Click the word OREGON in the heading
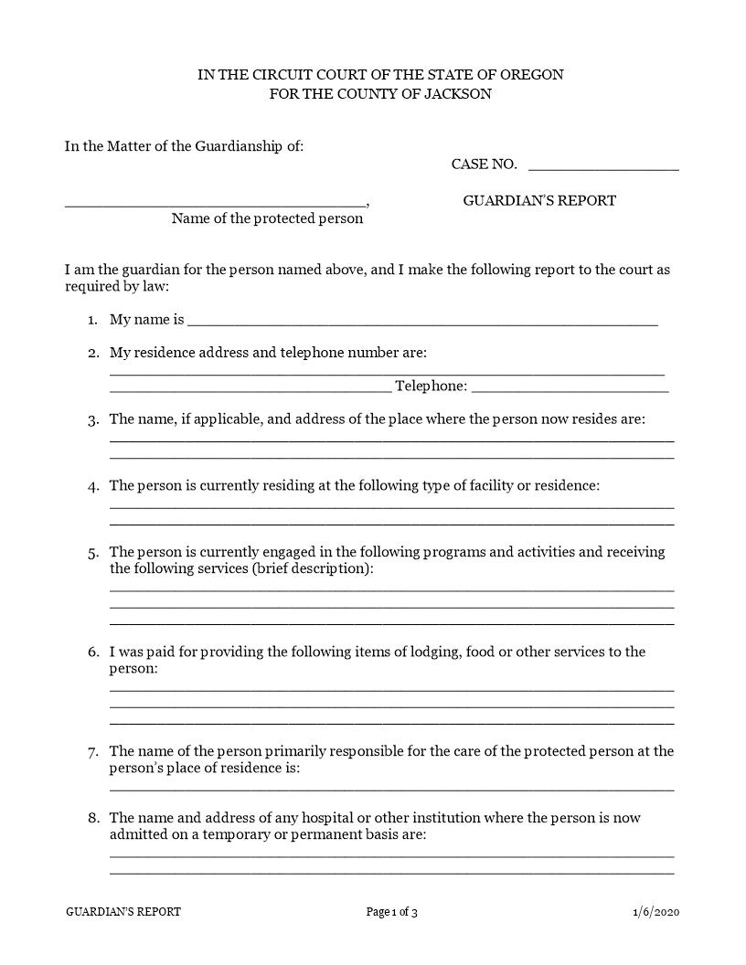click(x=535, y=75)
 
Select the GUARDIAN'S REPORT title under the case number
click(x=539, y=201)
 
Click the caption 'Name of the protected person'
click(x=267, y=219)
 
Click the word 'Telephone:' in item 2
click(x=431, y=387)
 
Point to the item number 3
click(x=93, y=420)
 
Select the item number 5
click(x=93, y=553)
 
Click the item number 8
click(x=93, y=819)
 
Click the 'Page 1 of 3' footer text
click(x=391, y=912)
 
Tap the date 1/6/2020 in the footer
click(x=655, y=912)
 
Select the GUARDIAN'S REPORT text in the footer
click(x=123, y=912)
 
